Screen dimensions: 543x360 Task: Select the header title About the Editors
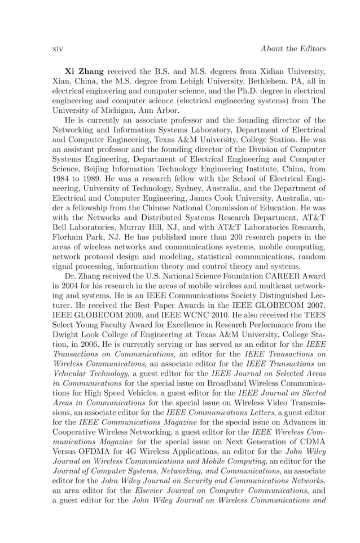[293, 49]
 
